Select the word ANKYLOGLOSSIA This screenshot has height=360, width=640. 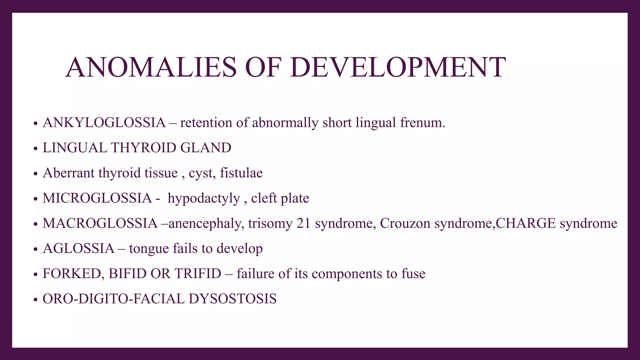[104, 122]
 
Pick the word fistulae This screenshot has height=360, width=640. [241, 173]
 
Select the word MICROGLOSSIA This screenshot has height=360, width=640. [97, 198]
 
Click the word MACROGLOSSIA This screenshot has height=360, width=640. [100, 223]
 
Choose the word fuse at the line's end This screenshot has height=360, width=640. [413, 274]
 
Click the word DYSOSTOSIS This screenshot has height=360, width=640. [232, 299]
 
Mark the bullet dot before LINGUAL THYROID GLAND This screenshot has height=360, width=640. [36, 148]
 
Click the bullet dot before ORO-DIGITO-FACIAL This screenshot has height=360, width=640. [36, 300]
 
